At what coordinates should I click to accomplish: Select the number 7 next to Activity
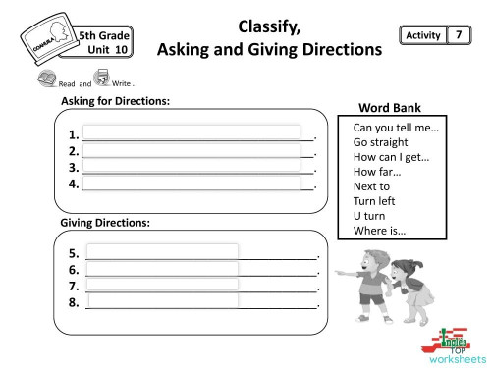coord(456,36)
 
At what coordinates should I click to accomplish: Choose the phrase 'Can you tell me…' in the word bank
coord(396,128)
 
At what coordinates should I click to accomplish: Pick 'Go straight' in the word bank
coord(380,142)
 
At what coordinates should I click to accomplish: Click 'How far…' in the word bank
coord(378,172)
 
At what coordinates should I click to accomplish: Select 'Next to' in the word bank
coord(372,186)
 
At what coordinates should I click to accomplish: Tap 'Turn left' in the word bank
coord(375,201)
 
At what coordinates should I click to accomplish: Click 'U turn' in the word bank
coord(370,216)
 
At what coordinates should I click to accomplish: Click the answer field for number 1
coord(191,132)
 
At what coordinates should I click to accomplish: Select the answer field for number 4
coord(191,183)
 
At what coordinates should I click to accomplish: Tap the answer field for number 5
coord(162,251)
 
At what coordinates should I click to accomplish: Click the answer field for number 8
coord(162,301)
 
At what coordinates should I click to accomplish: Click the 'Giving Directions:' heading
coord(105,223)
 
